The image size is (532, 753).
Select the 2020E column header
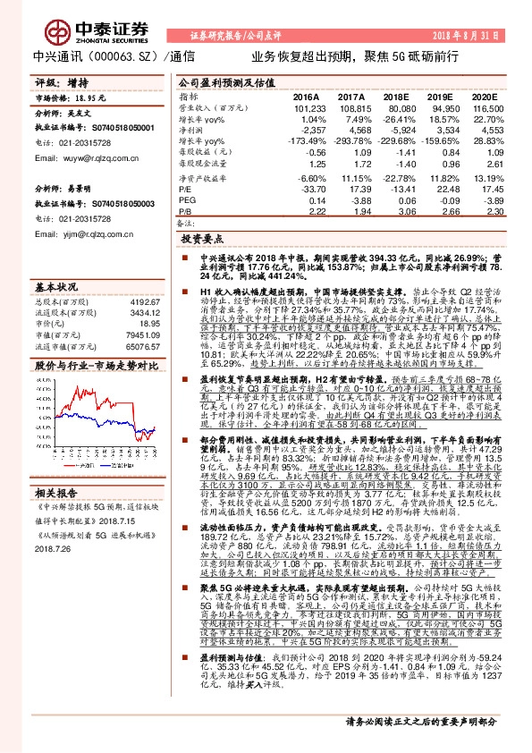click(x=484, y=95)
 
